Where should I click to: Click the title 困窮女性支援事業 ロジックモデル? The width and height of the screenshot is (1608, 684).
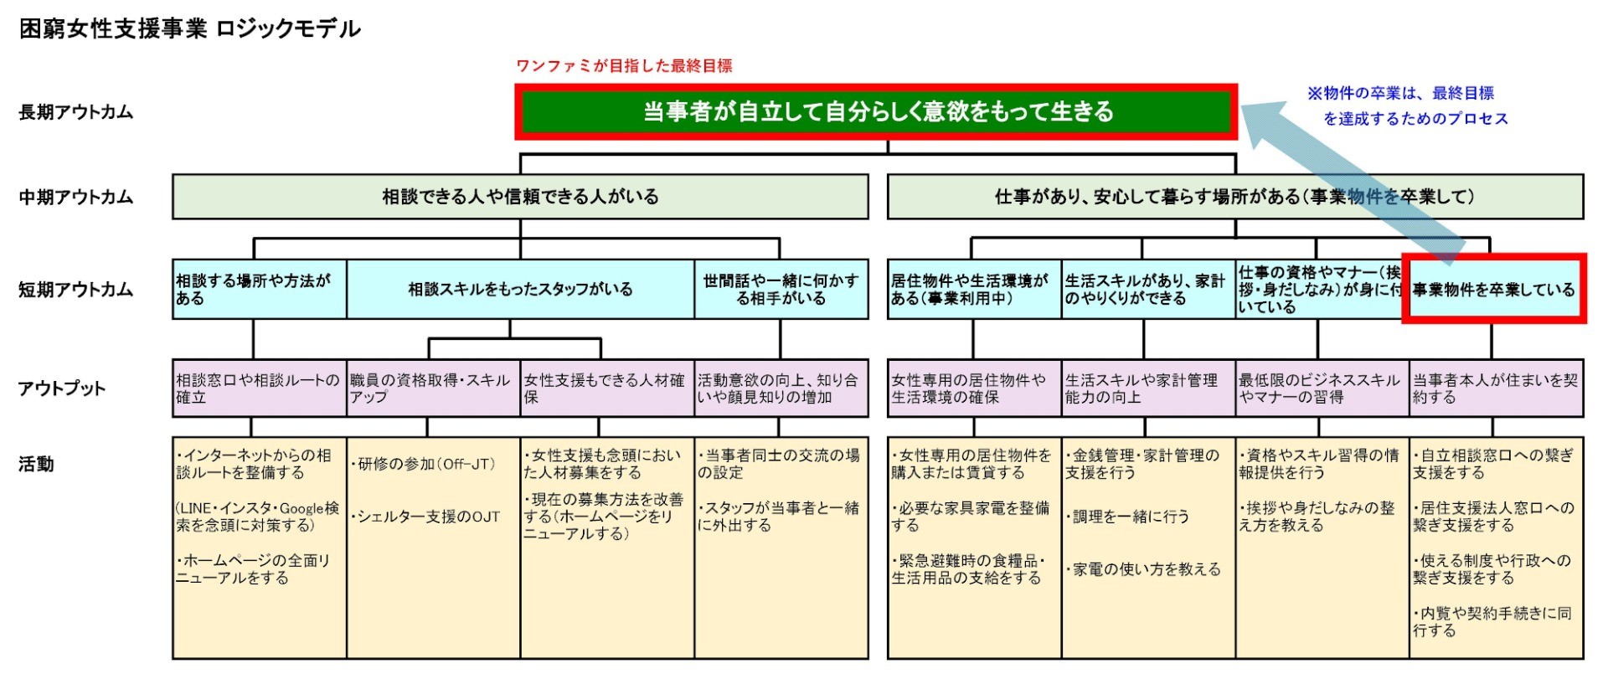tap(190, 28)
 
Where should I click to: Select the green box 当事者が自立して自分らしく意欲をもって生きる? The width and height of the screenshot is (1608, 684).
tap(876, 111)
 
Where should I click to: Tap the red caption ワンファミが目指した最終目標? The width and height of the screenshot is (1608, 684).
tap(624, 66)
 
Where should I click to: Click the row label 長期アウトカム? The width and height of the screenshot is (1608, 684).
tap(76, 112)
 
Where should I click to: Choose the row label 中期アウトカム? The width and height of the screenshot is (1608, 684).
tap(76, 198)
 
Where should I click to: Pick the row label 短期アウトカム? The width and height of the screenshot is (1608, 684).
tap(76, 290)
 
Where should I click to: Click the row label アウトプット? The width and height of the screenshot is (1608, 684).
tap(62, 388)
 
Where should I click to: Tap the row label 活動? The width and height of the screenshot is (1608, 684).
tap(36, 464)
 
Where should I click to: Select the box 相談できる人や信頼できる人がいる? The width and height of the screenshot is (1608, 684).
tap(520, 197)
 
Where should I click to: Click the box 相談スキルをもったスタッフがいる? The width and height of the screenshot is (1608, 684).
tap(520, 289)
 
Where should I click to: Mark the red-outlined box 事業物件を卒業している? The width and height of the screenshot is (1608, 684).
tap(1494, 289)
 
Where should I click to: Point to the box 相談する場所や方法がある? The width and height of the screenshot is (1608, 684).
tap(260, 289)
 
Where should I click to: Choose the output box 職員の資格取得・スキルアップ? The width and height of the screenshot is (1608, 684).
tap(433, 388)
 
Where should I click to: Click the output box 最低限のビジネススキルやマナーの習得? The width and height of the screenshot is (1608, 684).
tap(1322, 388)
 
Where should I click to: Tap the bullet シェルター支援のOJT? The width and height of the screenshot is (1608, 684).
tap(425, 517)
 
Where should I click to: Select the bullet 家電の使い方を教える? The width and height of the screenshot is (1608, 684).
tap(1143, 569)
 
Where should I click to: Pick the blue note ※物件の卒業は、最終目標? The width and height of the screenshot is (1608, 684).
tap(1401, 93)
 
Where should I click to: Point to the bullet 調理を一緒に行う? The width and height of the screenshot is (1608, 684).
tap(1127, 517)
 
